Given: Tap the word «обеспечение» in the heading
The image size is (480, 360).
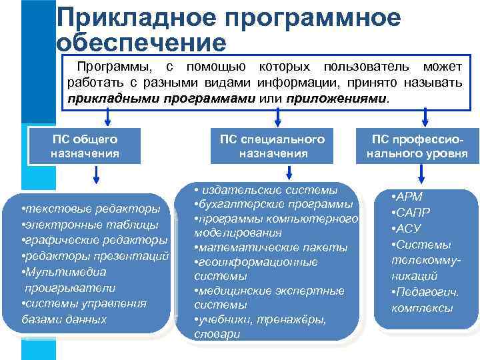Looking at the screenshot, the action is coord(142,43).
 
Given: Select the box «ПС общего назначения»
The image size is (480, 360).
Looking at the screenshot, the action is coord(85,146).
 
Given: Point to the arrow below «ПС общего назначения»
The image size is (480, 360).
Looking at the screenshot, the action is coord(97,175).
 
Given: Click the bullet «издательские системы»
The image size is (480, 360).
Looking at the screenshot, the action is coord(269,189).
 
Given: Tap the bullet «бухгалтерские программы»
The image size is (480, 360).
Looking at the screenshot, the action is coord(275,203).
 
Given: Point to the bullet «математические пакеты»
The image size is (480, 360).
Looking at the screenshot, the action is coord(272,247).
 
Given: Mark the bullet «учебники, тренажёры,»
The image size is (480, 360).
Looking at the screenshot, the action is coord(262,320).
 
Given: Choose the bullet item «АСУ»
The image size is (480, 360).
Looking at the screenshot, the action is coord(407,229).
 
